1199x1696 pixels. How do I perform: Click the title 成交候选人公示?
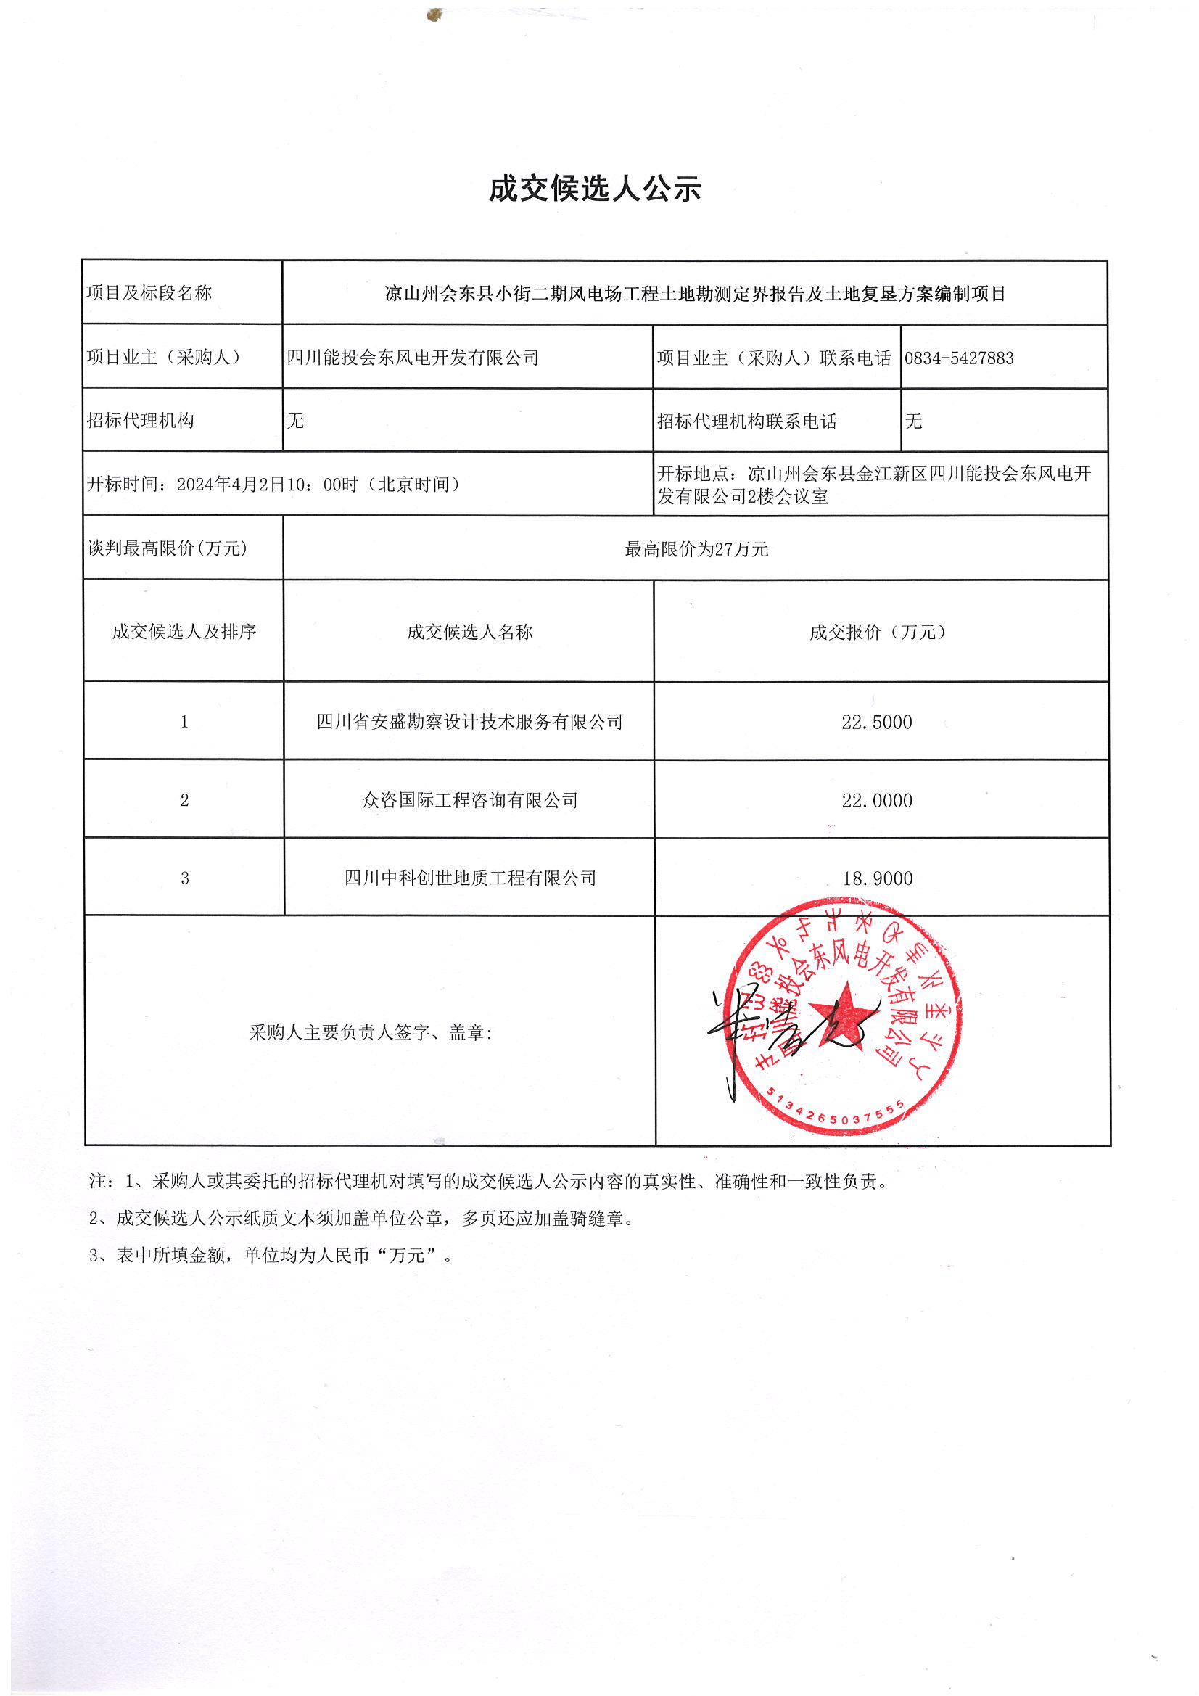[x=595, y=189]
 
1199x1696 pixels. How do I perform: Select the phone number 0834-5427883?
[x=959, y=358]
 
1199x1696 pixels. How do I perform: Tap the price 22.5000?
[x=876, y=723]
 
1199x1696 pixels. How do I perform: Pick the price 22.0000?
[x=876, y=801]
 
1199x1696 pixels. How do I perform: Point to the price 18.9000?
[x=877, y=878]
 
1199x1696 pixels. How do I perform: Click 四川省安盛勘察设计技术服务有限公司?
[x=469, y=722]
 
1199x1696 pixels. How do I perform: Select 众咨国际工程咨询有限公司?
[x=469, y=800]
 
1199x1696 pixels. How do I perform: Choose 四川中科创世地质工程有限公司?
[x=470, y=878]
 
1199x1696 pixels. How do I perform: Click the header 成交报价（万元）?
[x=877, y=633]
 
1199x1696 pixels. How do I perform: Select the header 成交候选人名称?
[x=469, y=633]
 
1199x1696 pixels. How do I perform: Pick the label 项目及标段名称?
[x=149, y=293]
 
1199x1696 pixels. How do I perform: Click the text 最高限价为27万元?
[x=696, y=549]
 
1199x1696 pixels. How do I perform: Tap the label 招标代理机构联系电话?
[x=747, y=421]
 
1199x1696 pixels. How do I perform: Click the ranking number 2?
[x=185, y=801]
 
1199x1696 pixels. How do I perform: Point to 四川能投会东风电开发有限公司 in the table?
[x=413, y=358]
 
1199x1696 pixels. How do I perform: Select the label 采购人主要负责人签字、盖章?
[x=370, y=1033]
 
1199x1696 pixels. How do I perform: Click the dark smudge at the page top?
[x=434, y=14]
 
